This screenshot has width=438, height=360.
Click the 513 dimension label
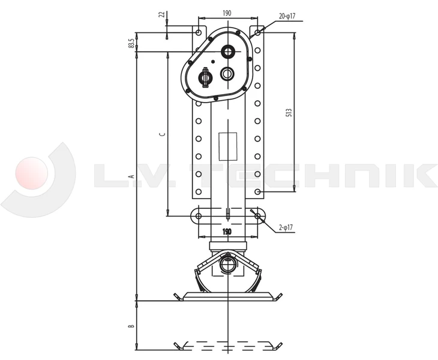tap(289, 112)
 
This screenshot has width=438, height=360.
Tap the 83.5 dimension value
tap(131, 43)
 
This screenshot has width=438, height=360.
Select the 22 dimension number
tap(161, 14)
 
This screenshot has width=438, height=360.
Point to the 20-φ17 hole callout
tap(287, 16)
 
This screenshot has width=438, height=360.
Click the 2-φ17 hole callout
tap(286, 227)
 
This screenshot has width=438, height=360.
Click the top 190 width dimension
tap(227, 13)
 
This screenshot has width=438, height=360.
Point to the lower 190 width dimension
tap(227, 232)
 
